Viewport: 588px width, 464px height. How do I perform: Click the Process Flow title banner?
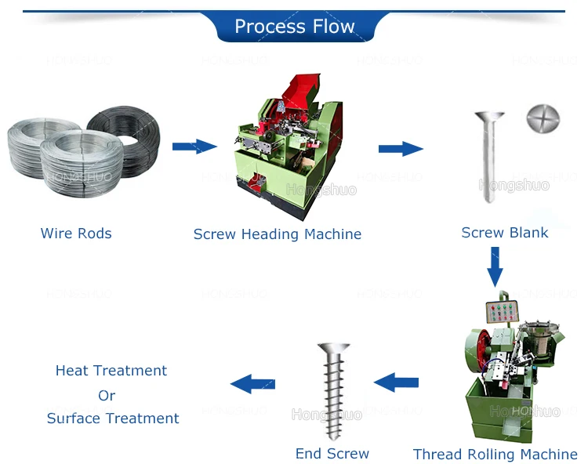(294, 26)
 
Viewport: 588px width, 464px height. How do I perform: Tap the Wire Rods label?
(76, 233)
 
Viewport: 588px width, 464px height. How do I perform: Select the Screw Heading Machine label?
(278, 234)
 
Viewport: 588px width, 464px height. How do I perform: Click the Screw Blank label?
(505, 232)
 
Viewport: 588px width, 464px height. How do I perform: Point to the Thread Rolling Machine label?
(495, 454)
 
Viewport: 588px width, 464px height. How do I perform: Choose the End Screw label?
(332, 453)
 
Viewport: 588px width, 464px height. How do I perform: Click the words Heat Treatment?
(111, 370)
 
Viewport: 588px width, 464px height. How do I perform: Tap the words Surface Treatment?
(113, 418)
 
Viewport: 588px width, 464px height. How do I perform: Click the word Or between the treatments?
(107, 395)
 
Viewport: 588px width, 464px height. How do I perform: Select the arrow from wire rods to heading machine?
(194, 146)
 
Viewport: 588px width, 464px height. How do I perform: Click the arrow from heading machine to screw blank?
(401, 148)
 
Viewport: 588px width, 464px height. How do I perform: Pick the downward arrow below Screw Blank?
(494, 266)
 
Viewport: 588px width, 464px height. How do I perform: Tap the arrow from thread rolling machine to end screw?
(396, 382)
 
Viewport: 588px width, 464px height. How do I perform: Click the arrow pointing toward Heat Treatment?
(252, 383)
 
